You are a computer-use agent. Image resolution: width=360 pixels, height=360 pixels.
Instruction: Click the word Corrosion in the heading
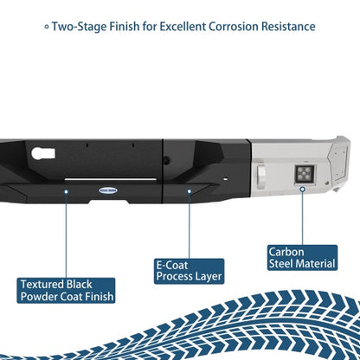[x=234, y=27]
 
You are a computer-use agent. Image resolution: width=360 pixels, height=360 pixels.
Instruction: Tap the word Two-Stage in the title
[x=79, y=27]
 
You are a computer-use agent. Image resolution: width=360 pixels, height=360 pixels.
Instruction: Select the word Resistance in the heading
[x=288, y=27]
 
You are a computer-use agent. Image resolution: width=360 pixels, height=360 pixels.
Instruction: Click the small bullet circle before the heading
[x=47, y=27]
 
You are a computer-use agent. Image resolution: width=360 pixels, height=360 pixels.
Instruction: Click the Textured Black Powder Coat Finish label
[x=66, y=291]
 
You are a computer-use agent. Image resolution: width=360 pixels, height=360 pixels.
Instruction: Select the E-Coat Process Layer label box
[x=189, y=271]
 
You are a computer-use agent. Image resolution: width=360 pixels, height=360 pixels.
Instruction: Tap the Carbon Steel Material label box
[x=302, y=258]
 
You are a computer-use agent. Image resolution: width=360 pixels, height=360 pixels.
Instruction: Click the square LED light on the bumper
[x=304, y=174]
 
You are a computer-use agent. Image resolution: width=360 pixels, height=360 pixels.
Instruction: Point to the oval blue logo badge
[x=108, y=190]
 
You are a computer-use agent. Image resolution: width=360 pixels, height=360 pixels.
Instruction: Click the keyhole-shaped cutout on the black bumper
[x=43, y=153]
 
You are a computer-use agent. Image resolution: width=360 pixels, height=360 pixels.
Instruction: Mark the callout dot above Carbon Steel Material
[x=302, y=190]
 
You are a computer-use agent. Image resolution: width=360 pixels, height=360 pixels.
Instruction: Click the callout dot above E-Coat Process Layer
[x=190, y=191]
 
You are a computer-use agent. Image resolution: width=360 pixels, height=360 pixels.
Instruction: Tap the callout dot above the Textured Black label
[x=66, y=191]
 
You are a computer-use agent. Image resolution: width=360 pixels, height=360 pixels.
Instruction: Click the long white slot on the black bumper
[x=111, y=179]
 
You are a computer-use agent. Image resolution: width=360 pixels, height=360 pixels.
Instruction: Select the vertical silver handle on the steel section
[x=261, y=177]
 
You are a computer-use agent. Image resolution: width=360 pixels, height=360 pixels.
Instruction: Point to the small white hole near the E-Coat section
[x=226, y=178]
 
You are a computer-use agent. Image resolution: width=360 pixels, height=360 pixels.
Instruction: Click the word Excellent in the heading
[x=183, y=27]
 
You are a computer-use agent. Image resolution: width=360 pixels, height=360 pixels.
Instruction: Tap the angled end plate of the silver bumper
[x=338, y=162]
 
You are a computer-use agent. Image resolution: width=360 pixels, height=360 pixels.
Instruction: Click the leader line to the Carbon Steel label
[x=302, y=219]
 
